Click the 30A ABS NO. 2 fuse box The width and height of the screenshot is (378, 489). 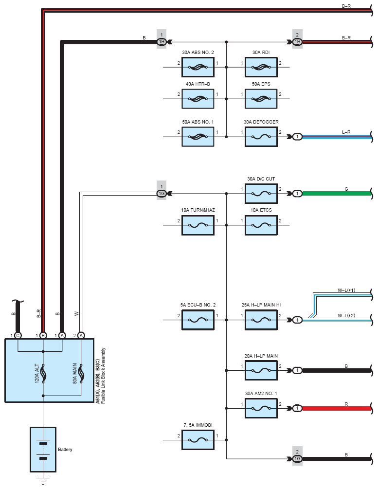[198, 68]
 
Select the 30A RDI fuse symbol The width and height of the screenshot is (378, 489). [261, 68]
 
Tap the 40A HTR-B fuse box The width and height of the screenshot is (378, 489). [198, 99]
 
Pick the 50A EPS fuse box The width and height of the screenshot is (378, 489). [261, 99]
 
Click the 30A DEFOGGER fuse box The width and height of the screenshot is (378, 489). [261, 137]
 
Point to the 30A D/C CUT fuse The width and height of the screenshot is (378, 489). [261, 194]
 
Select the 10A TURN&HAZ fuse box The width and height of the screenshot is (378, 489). [198, 225]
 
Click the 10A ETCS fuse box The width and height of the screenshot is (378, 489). [261, 225]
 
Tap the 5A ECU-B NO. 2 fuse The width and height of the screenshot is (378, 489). [198, 320]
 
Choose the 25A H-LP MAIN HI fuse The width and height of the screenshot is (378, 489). [261, 320]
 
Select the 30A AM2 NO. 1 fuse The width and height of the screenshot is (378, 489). [261, 408]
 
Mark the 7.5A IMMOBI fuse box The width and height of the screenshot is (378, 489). [198, 440]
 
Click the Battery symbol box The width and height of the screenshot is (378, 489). [43, 449]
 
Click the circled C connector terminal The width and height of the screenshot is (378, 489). [18, 335]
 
